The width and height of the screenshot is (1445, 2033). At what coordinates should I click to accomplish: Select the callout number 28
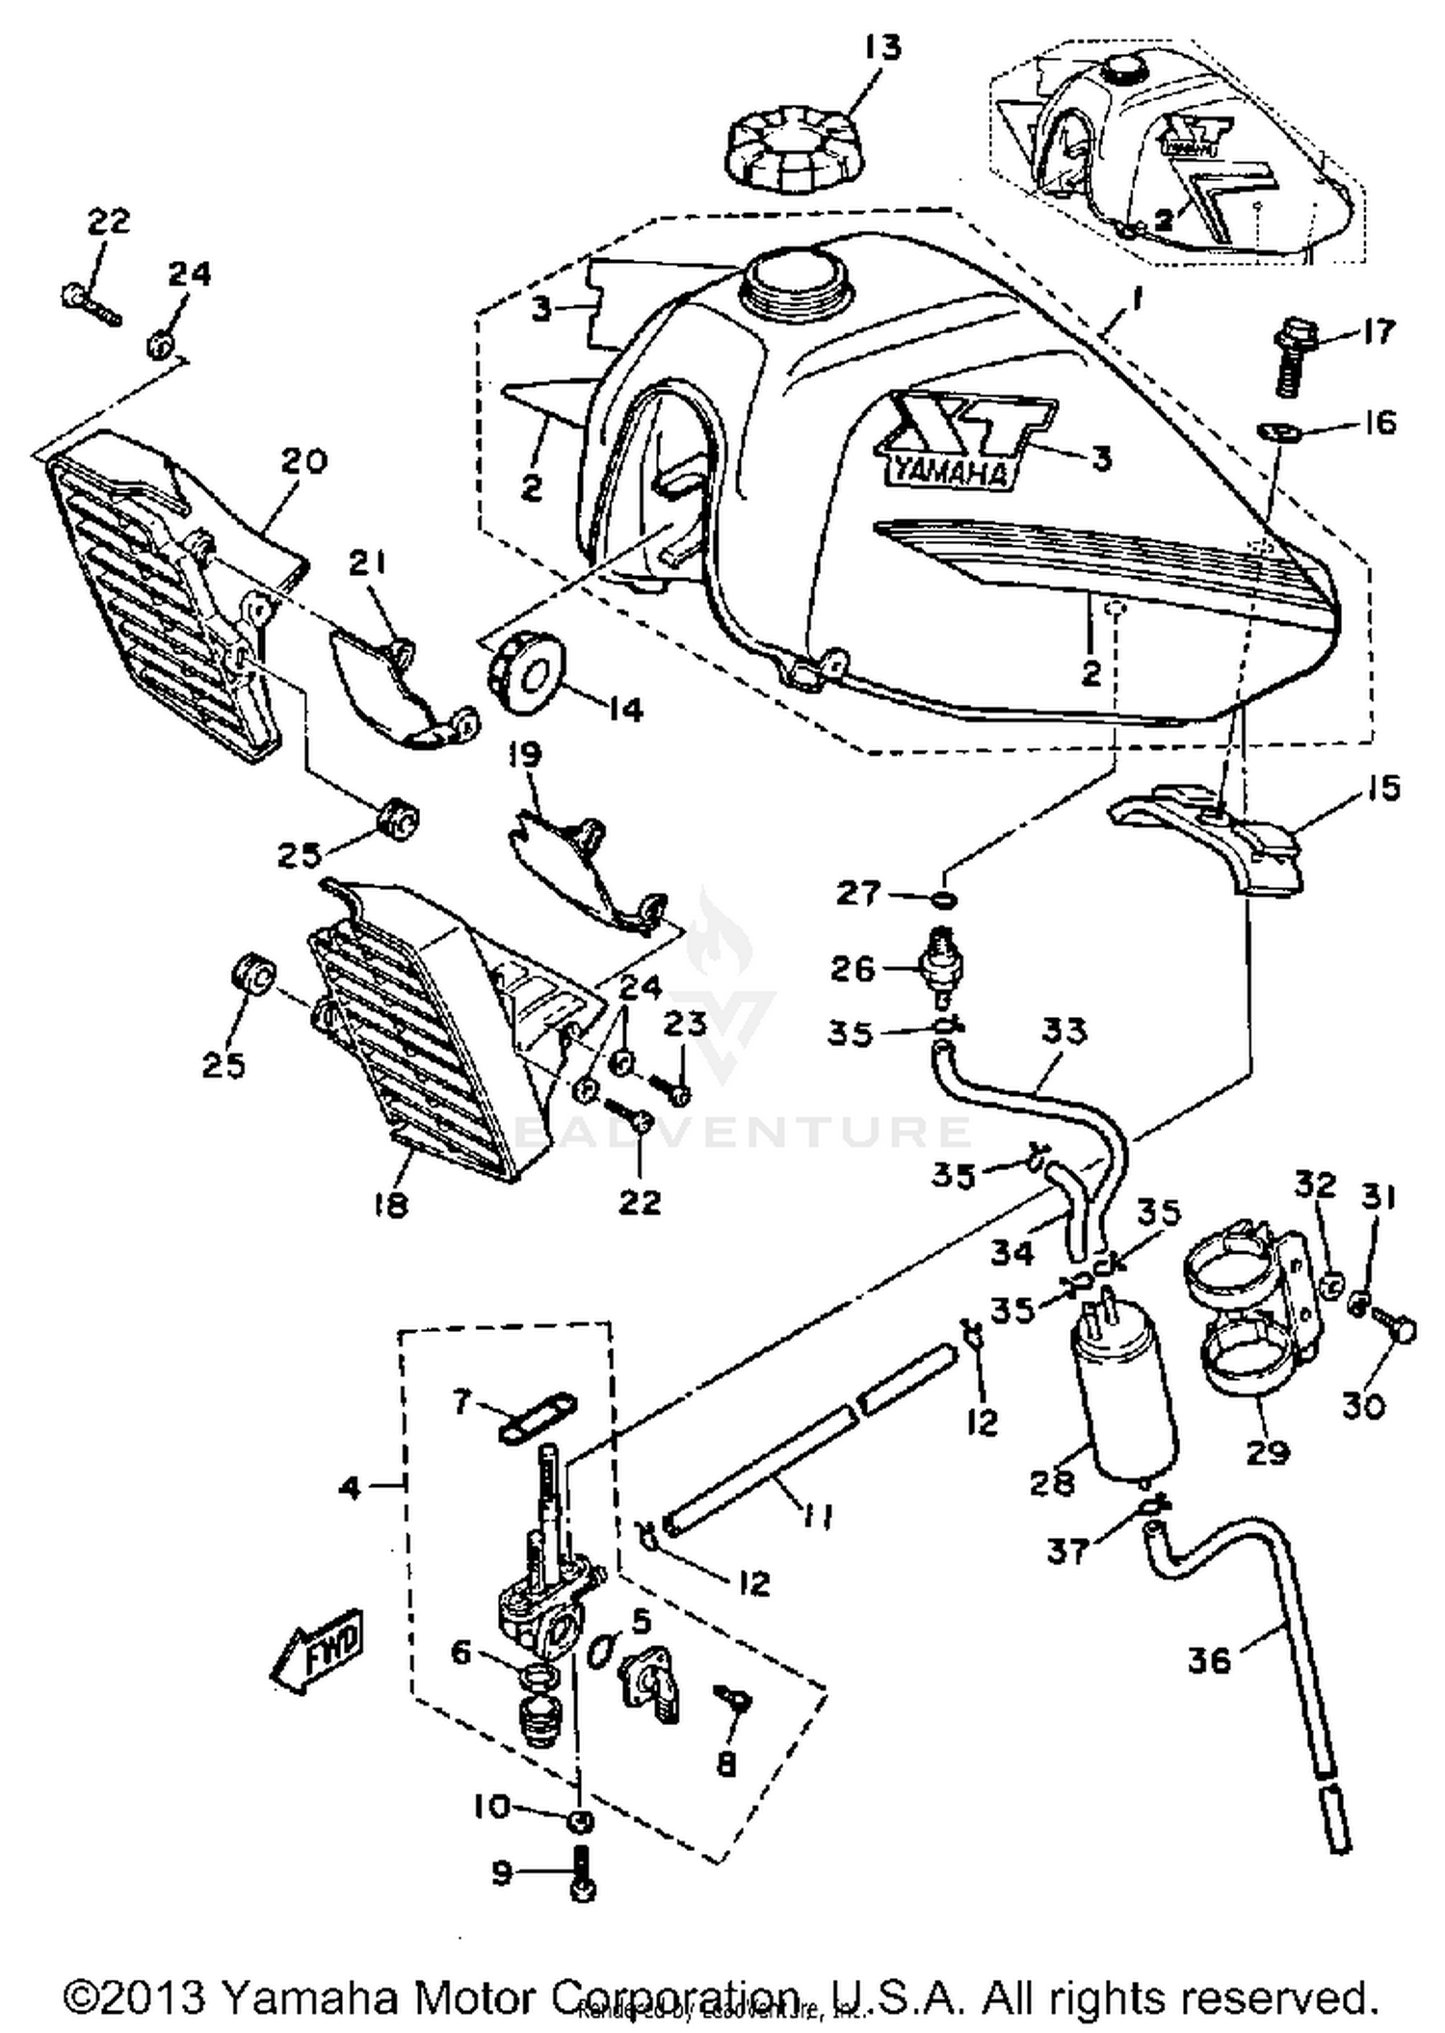(x=1051, y=1483)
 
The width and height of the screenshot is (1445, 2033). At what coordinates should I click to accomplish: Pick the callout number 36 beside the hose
(x=1209, y=1659)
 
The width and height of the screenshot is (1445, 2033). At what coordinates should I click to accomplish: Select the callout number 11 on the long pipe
(x=818, y=1517)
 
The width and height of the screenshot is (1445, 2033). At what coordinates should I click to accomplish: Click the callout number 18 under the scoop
(x=390, y=1204)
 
